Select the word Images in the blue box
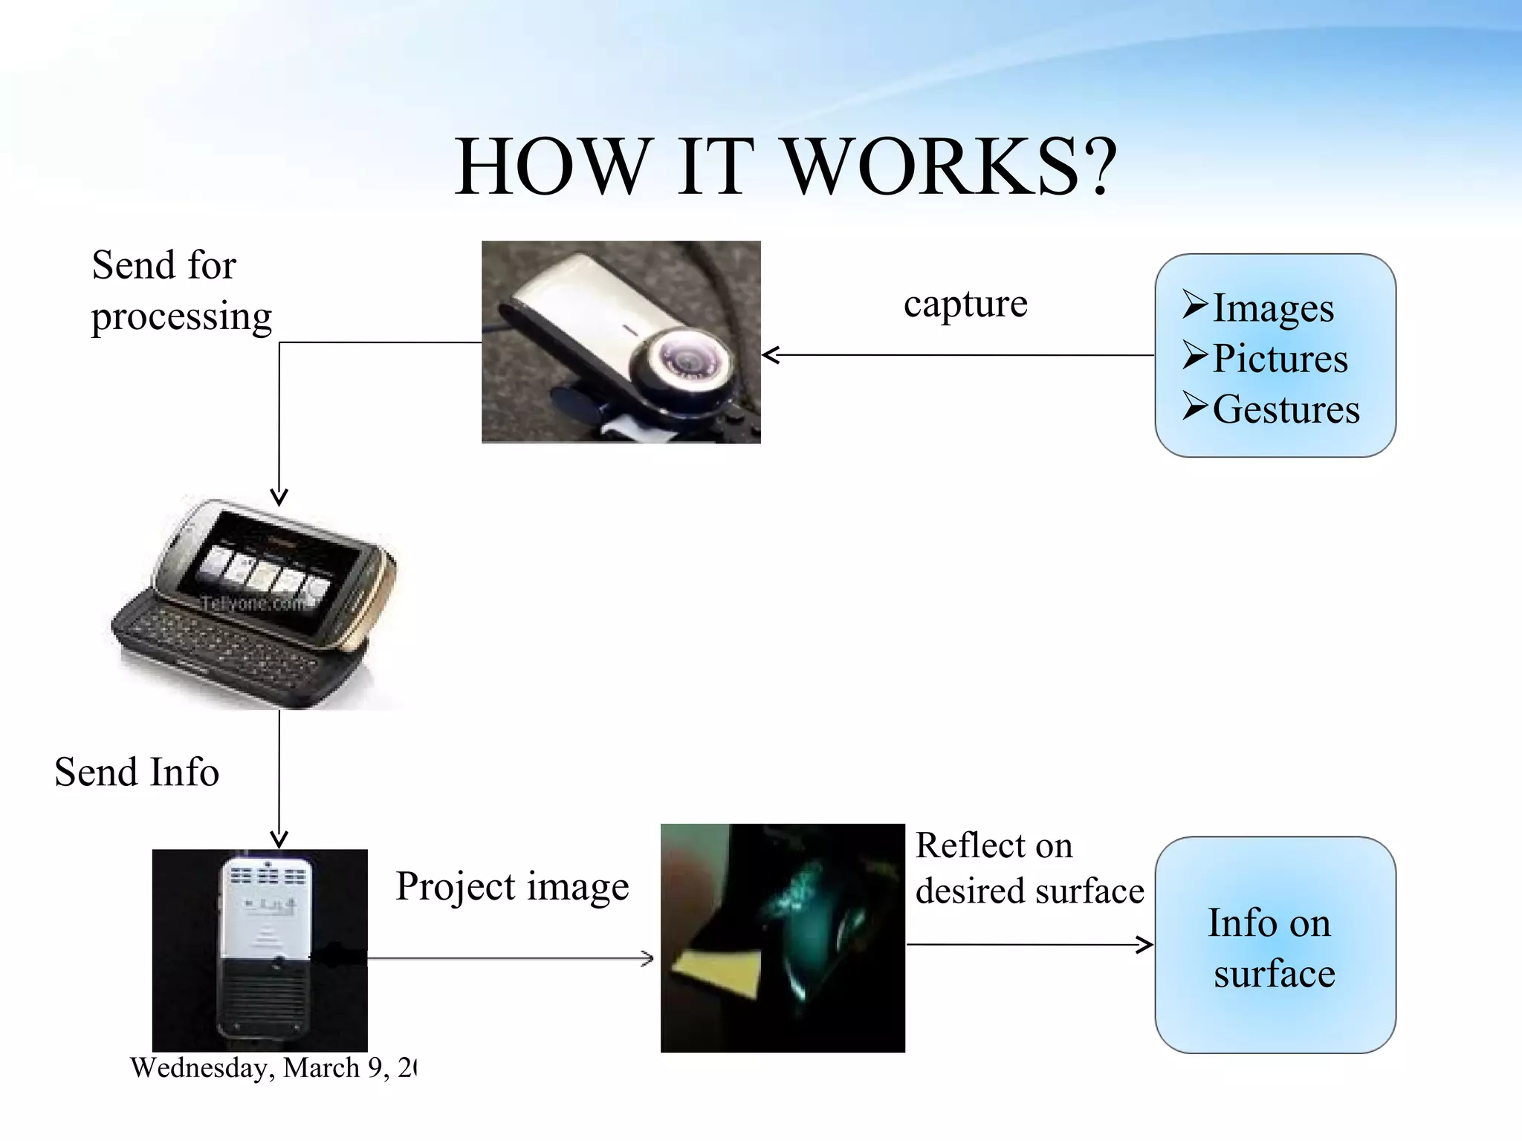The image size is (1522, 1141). click(1272, 308)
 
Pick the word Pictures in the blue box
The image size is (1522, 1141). click(1280, 359)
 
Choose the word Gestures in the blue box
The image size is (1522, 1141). click(1286, 409)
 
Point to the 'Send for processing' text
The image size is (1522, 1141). click(181, 291)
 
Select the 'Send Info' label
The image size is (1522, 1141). click(137, 773)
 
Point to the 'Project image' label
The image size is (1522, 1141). click(512, 887)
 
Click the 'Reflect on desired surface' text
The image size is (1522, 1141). click(1029, 868)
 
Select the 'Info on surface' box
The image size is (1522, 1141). click(1275, 946)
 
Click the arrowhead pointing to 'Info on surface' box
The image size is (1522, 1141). click(1145, 945)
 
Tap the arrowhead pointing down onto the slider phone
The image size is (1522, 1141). click(279, 498)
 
